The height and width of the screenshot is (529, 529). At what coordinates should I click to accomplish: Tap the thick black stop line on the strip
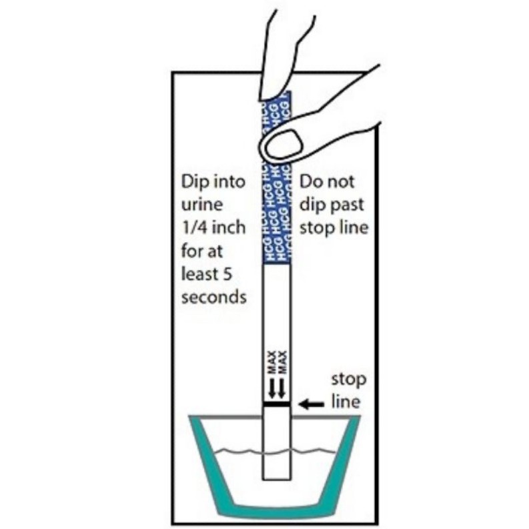275,404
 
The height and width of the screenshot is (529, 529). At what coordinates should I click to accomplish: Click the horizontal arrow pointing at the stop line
311,404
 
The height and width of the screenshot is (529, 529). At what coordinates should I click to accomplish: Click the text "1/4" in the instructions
195,227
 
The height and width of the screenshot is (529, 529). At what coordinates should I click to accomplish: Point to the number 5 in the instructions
239,274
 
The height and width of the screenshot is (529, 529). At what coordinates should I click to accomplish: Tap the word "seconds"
213,296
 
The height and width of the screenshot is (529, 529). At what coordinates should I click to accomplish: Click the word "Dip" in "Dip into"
195,181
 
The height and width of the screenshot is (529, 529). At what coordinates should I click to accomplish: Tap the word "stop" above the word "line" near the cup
349,380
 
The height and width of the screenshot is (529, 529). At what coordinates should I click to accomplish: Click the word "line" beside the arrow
346,403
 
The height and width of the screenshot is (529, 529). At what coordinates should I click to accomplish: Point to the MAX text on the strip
276,364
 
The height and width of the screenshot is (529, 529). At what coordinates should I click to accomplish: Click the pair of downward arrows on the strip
276,388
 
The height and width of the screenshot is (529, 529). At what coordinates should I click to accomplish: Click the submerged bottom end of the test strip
275,467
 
